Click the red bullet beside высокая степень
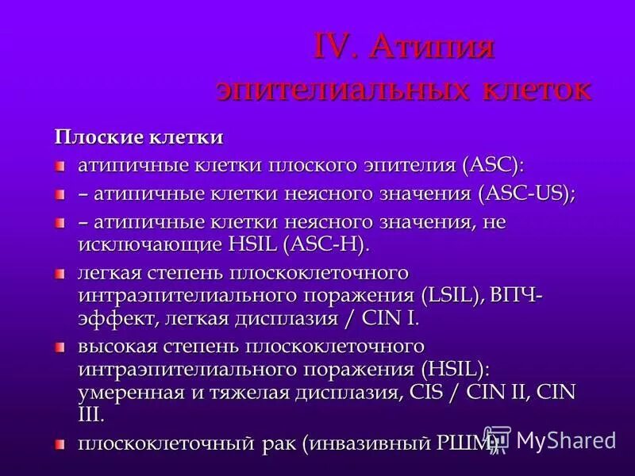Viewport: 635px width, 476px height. [60, 347]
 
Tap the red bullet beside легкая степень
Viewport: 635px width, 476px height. [60, 274]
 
